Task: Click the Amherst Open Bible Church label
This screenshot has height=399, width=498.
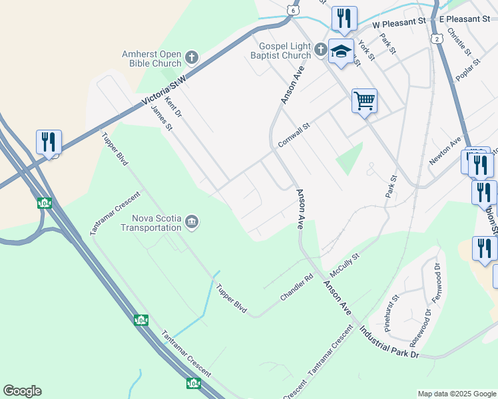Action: [151, 59]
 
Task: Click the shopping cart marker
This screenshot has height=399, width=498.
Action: [364, 101]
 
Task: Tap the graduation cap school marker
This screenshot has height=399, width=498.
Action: [341, 52]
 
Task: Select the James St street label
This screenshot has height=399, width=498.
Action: [162, 117]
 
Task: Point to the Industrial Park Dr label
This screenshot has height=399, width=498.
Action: [389, 342]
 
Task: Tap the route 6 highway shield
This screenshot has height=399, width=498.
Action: [293, 9]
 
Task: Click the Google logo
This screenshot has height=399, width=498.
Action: [22, 391]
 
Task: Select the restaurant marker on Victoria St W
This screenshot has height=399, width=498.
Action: [49, 143]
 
